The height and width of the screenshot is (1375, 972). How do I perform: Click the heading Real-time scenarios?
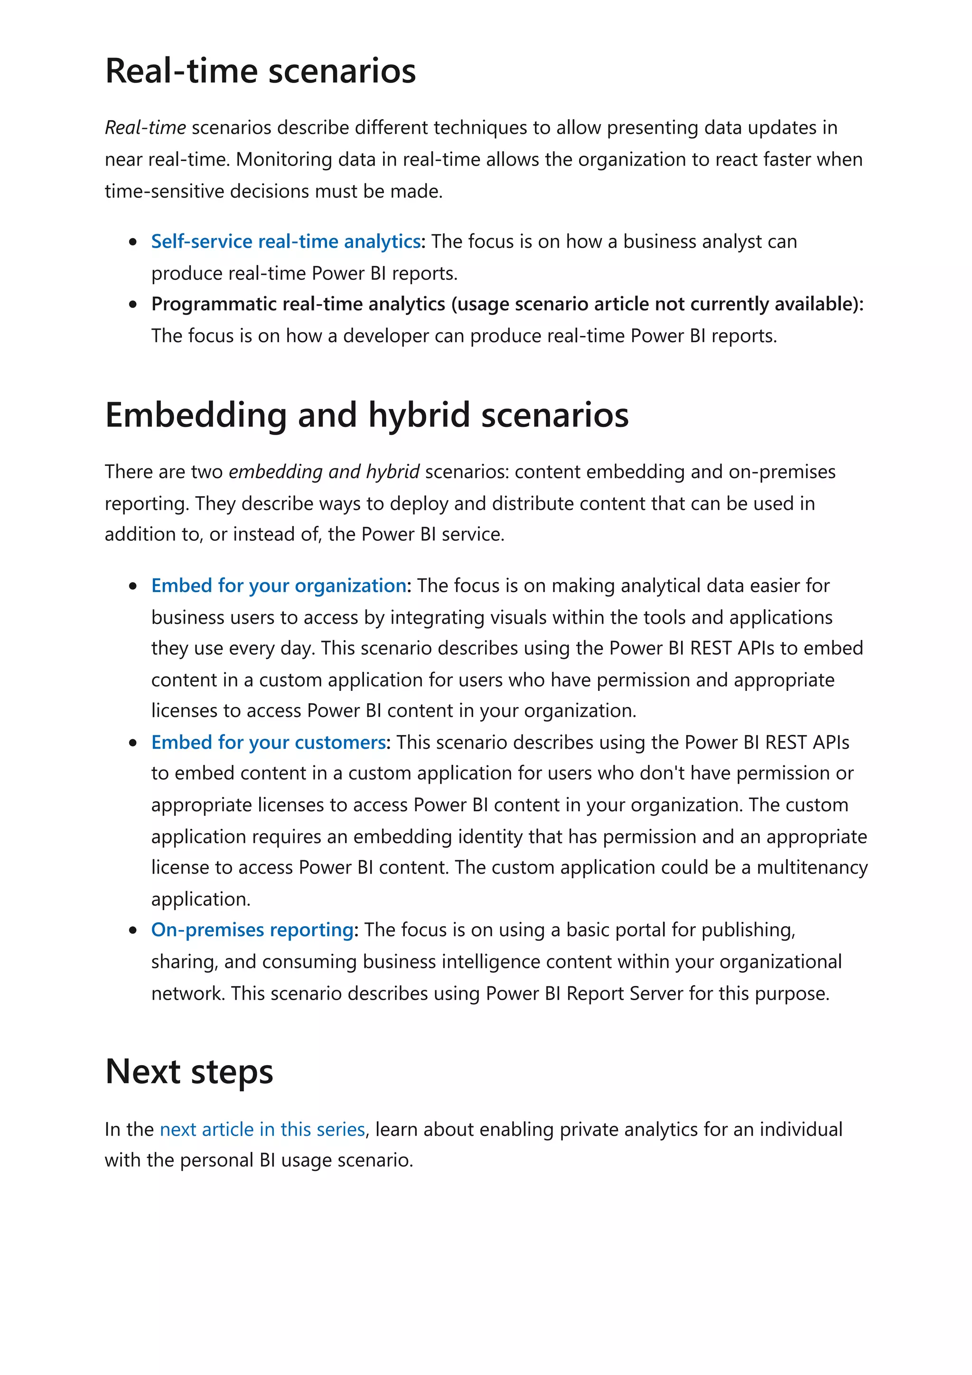point(260,71)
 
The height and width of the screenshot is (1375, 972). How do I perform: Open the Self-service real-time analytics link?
point(286,242)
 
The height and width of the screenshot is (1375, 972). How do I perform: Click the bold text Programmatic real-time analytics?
point(298,304)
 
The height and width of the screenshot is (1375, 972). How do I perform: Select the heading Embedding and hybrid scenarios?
point(366,415)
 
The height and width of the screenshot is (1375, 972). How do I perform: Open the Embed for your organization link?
point(279,585)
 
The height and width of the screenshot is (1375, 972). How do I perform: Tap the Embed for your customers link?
point(268,743)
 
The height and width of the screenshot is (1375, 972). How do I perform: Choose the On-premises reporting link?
point(252,930)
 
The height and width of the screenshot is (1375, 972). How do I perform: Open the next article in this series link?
point(262,1129)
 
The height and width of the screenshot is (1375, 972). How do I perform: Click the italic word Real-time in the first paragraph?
point(145,128)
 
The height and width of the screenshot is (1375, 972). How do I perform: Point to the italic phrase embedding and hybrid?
point(324,472)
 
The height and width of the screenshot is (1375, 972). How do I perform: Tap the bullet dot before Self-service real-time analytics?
point(133,242)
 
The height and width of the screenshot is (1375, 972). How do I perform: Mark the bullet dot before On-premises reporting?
point(133,930)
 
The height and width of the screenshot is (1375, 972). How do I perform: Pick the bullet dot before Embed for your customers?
point(133,743)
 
